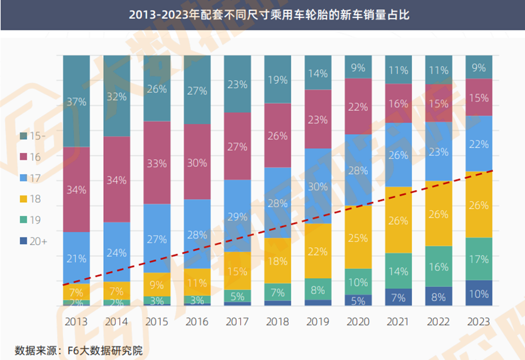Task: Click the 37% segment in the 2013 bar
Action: click(x=76, y=101)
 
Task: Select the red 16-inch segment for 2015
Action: click(x=157, y=163)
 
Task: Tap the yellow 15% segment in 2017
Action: click(x=237, y=271)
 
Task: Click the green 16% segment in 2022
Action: click(x=438, y=267)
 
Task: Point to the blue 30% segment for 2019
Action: click(x=318, y=186)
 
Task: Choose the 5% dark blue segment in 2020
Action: click(x=358, y=299)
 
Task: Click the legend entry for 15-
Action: click(x=33, y=136)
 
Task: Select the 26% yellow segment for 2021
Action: click(x=398, y=220)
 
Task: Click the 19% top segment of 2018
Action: click(x=277, y=80)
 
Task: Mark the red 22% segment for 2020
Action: click(x=358, y=106)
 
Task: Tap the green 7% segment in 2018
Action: click(x=277, y=293)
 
